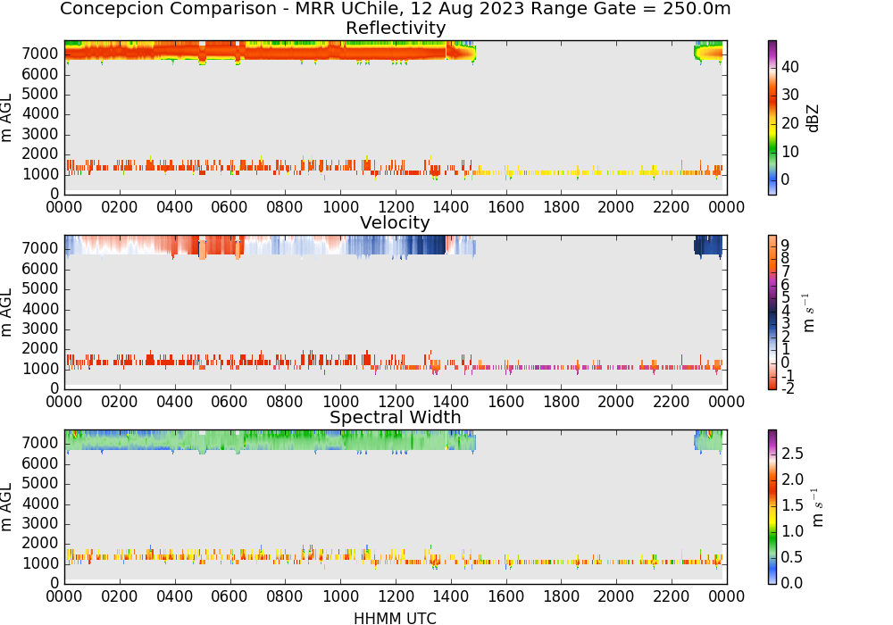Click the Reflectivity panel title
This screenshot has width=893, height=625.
coord(396,28)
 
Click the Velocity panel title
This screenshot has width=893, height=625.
coord(395,222)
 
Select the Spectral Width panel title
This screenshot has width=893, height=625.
coord(396,417)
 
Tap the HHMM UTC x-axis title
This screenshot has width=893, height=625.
coord(395,618)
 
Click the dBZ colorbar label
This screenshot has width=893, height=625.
coord(813,119)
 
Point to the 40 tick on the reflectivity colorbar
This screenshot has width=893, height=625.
coord(790,67)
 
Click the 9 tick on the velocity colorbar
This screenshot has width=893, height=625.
coord(785,245)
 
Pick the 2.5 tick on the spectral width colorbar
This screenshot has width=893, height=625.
coord(792,454)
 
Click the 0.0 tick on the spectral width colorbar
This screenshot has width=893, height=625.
coord(792,583)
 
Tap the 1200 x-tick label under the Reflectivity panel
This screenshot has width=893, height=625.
coord(396,207)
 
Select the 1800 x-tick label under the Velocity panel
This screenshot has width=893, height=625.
coord(561,402)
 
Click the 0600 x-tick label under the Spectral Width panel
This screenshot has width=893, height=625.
coord(230,596)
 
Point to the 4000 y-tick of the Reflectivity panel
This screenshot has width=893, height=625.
coord(40,114)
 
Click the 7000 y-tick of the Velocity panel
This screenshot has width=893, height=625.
coord(40,248)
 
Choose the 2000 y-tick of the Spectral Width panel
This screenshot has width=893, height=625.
coord(40,543)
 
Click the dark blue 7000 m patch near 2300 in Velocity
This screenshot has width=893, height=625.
coord(708,246)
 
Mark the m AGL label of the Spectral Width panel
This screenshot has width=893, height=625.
coord(6,507)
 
